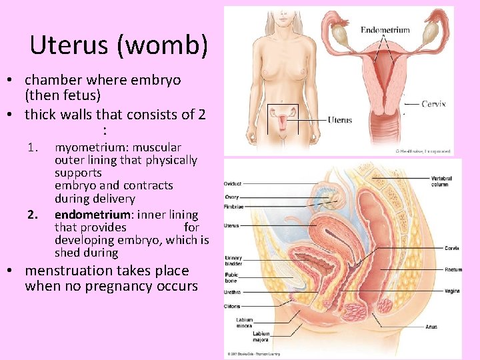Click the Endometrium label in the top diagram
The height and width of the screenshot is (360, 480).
tap(385, 30)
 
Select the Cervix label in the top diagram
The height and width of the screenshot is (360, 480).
tap(433, 104)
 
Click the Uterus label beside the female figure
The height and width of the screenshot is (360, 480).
tap(340, 120)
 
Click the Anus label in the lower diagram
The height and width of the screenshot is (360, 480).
tap(432, 327)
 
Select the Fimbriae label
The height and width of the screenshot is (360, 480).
tap(233, 206)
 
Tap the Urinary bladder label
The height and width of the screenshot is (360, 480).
tap(234, 260)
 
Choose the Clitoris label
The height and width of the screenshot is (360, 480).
tap(233, 307)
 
